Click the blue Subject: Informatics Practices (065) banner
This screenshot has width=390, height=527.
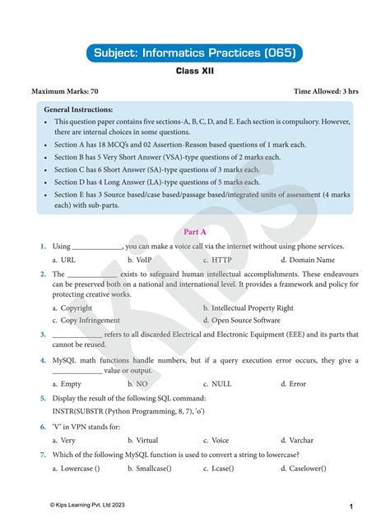pos(194,54)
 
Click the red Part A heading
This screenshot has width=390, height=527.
pos(194,231)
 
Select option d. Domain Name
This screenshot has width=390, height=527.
pos(309,260)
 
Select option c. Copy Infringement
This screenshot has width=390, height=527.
pos(86,321)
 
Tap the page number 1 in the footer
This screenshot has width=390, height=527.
pos(351,506)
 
